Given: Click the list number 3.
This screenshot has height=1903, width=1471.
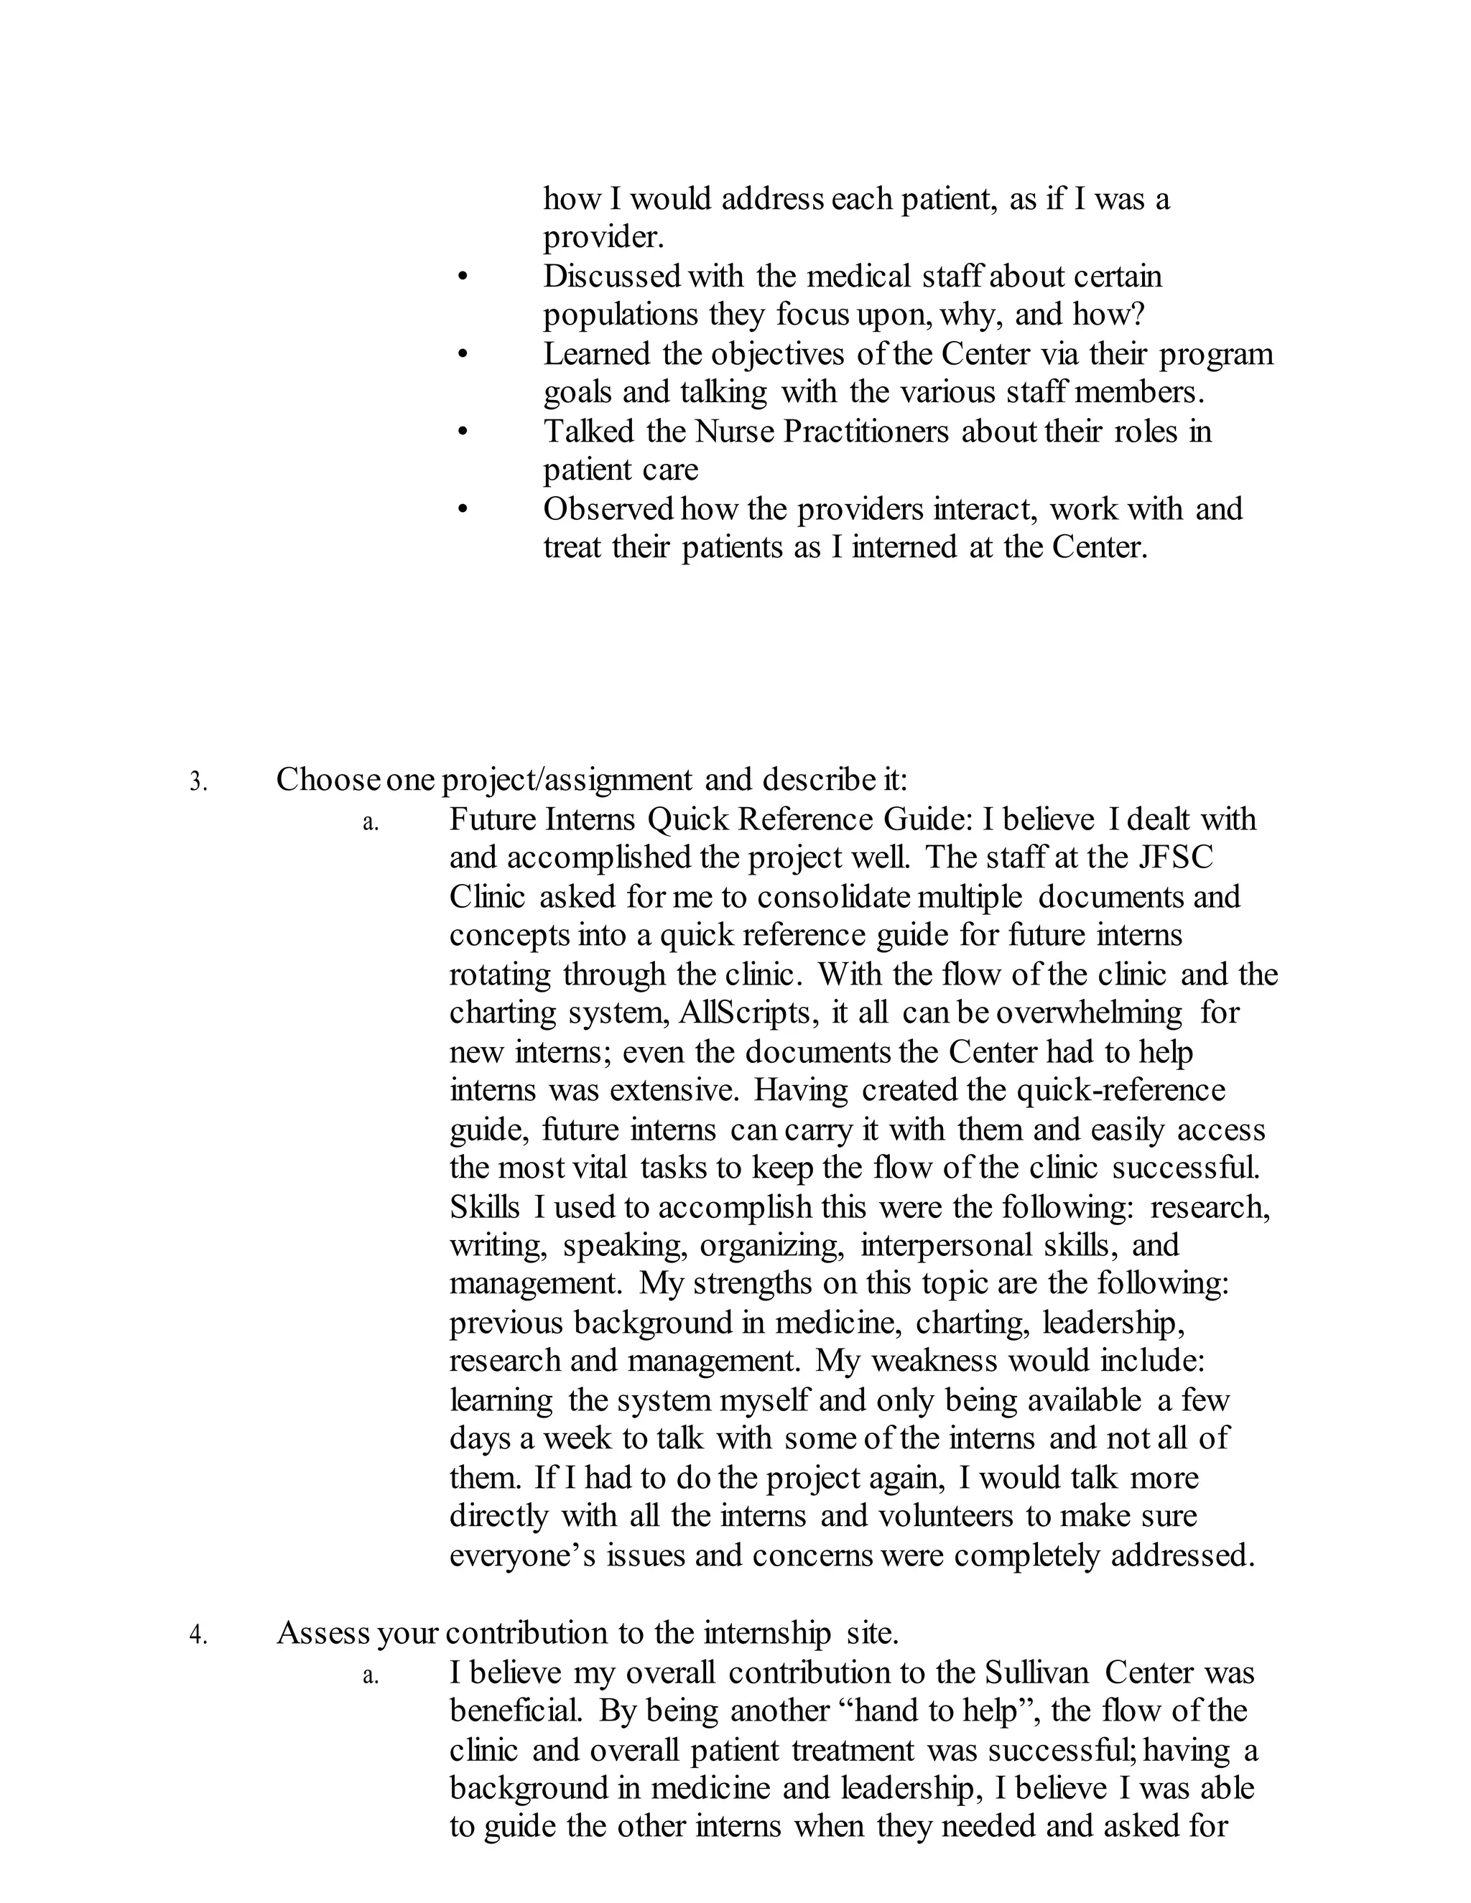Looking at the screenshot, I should [x=198, y=781].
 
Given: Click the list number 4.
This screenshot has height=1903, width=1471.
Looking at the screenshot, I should [x=198, y=1635].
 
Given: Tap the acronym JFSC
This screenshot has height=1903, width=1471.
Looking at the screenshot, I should [x=1176, y=857].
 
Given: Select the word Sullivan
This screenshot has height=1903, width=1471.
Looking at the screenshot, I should [x=1037, y=1673].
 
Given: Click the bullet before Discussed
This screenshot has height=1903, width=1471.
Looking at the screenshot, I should [x=462, y=278].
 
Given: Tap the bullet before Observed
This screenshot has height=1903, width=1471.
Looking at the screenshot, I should [x=462, y=510].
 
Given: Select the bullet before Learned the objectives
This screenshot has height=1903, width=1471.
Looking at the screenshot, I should [x=462, y=355].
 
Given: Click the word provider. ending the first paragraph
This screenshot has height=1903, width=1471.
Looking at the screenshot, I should [x=604, y=238].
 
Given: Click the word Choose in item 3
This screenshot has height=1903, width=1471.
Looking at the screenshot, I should [x=328, y=779].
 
